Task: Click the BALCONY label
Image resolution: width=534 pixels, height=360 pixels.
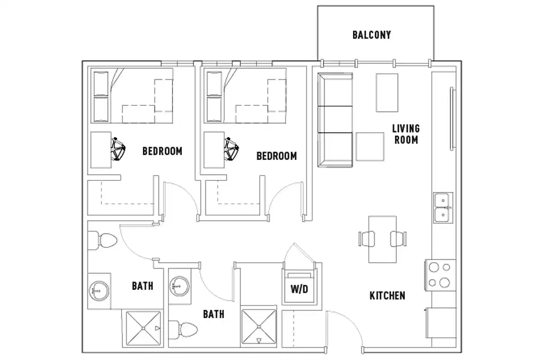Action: pos(371,35)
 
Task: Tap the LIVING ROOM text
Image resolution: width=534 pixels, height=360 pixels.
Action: pos(406,134)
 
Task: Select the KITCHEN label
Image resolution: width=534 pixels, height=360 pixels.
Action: pos(387,296)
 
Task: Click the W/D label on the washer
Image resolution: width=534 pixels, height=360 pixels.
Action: pos(299,288)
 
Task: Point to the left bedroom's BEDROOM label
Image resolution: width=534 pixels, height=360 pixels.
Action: pos(162,151)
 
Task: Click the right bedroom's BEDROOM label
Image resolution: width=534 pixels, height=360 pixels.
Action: pos(276,156)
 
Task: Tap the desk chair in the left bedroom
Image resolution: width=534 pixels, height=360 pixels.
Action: pos(118,149)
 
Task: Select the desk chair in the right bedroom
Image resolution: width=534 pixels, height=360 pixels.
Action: pos(232,149)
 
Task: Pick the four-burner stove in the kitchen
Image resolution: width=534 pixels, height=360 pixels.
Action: pos(439,275)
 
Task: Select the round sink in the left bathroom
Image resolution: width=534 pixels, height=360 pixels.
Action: pos(97,290)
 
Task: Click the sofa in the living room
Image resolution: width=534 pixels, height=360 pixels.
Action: pos(335,120)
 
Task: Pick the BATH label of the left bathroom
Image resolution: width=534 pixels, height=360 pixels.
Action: pos(142,286)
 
